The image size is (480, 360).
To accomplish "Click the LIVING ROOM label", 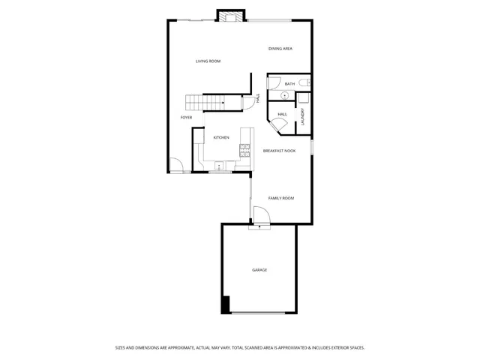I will coord(208,61).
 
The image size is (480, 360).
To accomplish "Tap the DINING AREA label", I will coord(280,49).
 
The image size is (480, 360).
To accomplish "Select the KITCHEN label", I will coord(221,137).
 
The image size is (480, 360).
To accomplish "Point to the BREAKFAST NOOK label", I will coord(279,151).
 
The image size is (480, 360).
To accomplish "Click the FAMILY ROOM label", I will coord(281,198).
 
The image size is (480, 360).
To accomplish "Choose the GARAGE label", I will coord(259,270).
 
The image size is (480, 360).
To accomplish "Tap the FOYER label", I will coord(186,118).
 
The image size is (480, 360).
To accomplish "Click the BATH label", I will coord(289,84).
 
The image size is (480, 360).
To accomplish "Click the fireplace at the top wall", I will coord(231,16).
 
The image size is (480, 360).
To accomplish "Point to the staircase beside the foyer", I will coord(206,103).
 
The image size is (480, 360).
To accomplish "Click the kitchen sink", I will coord(219,166).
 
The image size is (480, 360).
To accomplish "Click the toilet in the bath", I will coord(301,82).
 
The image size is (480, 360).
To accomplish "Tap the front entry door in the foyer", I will coord(175,166).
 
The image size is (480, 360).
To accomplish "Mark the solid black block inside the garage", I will coord(225,304).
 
